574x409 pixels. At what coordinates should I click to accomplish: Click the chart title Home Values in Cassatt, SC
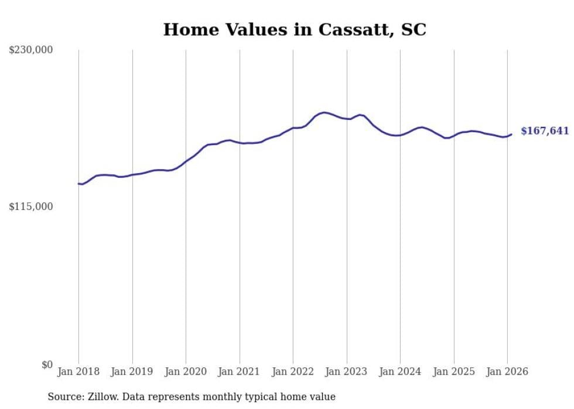[x=295, y=30]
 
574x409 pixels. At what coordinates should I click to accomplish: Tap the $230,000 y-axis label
[x=30, y=50]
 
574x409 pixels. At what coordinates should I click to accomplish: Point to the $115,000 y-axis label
[x=30, y=207]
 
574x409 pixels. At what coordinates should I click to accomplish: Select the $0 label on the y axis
[x=47, y=365]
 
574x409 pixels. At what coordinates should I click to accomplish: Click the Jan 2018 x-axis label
[x=78, y=372]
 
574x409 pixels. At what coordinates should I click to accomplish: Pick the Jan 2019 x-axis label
[x=132, y=372]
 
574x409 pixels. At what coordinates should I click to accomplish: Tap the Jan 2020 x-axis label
[x=186, y=372]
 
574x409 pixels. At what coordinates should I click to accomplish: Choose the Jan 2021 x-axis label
[x=239, y=372]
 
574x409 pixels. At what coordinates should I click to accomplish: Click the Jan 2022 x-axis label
[x=293, y=372]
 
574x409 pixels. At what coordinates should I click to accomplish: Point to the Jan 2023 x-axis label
[x=347, y=372]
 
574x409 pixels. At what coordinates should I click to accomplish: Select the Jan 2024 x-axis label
[x=400, y=372]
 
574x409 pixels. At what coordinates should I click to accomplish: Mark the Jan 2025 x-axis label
[x=454, y=372]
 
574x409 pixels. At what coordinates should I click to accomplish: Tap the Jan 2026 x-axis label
[x=507, y=372]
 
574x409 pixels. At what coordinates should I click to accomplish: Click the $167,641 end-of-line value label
[x=545, y=131]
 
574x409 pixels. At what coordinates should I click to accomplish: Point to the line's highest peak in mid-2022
[x=324, y=112]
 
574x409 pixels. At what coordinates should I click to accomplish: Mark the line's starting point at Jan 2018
[x=78, y=184]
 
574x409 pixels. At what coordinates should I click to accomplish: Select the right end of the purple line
[x=511, y=135]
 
